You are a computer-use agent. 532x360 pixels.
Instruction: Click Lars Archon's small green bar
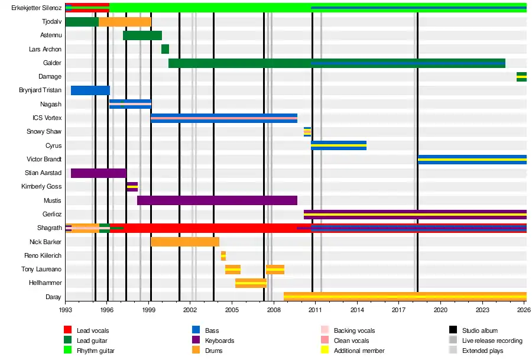[166, 49]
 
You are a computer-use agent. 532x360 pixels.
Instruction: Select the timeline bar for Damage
[521, 77]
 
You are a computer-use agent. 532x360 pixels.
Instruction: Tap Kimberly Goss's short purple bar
[132, 187]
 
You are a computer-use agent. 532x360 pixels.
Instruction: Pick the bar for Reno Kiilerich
[223, 256]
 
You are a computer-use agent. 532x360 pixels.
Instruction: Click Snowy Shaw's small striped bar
[307, 132]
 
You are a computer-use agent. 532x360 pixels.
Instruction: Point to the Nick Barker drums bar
[185, 242]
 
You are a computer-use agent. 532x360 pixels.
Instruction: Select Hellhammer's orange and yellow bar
[251, 283]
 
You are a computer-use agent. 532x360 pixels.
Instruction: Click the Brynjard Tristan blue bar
[90, 90]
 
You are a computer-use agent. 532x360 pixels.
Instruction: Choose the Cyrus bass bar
[339, 145]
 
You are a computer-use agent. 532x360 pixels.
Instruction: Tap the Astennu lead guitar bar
[142, 35]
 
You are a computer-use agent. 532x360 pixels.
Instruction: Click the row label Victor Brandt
[44, 159]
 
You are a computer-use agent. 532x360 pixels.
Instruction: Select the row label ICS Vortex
[47, 118]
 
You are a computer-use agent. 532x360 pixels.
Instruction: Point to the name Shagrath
[50, 228]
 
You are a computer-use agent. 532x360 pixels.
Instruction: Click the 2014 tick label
[357, 310]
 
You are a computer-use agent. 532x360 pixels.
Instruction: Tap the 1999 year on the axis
[149, 310]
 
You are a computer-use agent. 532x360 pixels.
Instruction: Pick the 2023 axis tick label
[482, 310]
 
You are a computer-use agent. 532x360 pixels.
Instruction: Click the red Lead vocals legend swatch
[68, 330]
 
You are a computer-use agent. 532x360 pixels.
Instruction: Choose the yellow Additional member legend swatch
[325, 350]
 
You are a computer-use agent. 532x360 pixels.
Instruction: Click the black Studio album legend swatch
[453, 330]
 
